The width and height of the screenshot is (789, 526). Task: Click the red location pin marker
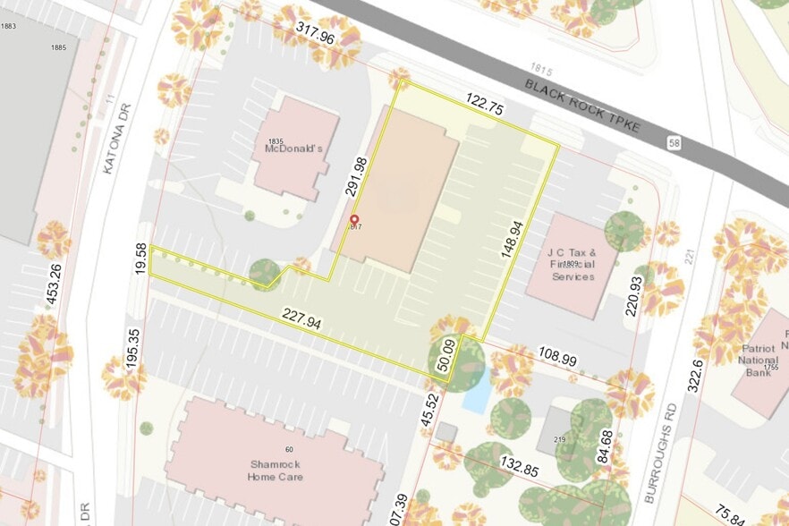[x=353, y=221]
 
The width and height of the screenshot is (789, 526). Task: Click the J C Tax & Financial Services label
[x=572, y=265]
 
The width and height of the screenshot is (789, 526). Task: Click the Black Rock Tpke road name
[x=582, y=106]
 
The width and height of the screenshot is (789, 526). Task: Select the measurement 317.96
[x=315, y=35]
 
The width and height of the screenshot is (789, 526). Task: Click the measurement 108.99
[x=557, y=356]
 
